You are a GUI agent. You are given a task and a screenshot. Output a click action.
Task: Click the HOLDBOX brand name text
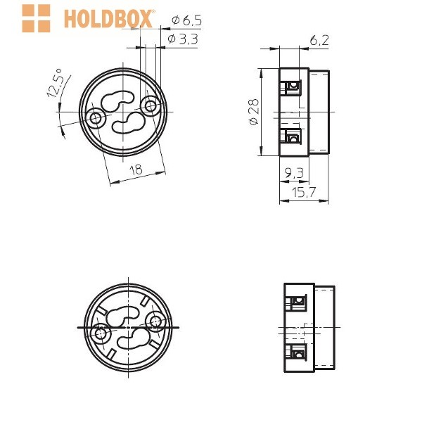(109, 19)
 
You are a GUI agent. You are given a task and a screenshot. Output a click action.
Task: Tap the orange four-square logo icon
(36, 18)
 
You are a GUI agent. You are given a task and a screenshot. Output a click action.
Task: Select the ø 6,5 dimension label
(186, 20)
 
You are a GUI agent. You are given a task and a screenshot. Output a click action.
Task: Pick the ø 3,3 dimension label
(183, 39)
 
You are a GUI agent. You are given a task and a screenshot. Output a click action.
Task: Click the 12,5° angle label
(55, 84)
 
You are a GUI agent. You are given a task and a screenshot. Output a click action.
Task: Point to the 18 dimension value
(136, 170)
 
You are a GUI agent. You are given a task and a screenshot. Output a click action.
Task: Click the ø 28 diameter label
(253, 112)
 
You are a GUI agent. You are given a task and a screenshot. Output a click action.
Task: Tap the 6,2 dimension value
(319, 41)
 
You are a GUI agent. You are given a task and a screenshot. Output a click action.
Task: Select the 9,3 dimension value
(294, 173)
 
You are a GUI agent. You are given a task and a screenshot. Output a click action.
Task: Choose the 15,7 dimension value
(304, 192)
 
